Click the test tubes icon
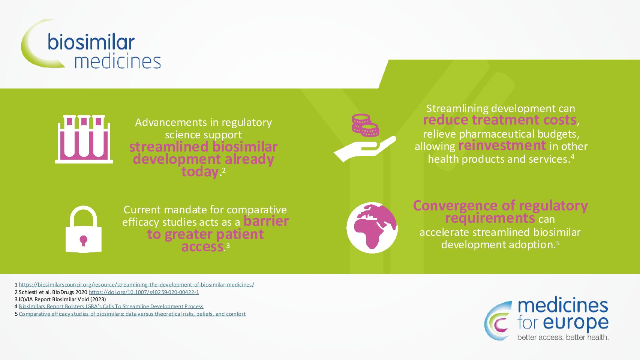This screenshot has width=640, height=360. [84, 139]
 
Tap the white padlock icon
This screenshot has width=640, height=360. [84, 229]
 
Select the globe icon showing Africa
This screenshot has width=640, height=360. [372, 228]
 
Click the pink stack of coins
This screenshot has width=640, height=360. [366, 125]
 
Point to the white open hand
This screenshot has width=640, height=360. [365, 149]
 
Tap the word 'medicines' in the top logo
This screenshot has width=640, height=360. [117, 61]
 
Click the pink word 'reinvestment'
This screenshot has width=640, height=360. [502, 145]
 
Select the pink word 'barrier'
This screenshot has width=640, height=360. [266, 221]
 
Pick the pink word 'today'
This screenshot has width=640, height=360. [200, 172]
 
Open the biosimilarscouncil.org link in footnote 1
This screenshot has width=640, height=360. [136, 285]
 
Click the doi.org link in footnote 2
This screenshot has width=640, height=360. [144, 292]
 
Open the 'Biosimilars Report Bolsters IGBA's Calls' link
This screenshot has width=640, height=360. [111, 306]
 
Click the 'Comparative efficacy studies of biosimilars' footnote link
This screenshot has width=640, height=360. [132, 314]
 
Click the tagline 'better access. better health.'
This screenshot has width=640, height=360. [563, 337]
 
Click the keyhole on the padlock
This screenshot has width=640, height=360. [83, 241]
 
